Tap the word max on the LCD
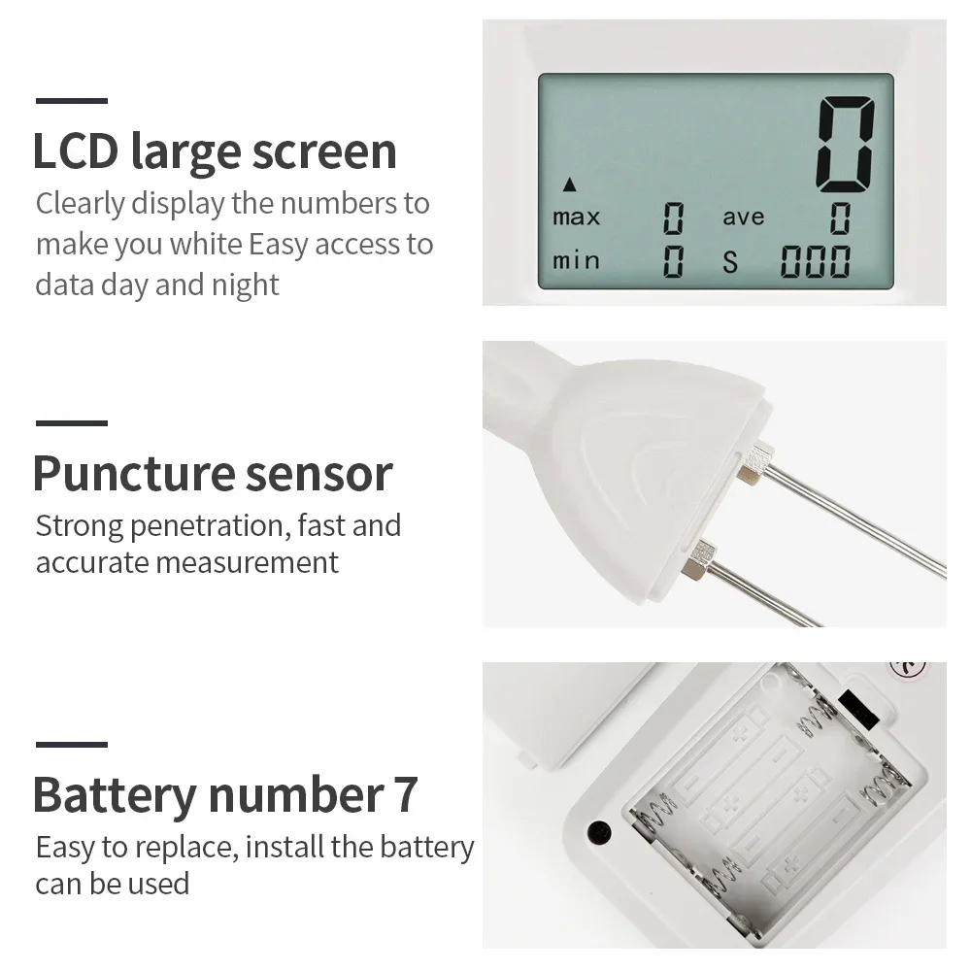point(576,217)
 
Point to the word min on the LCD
point(576,260)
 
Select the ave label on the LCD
point(743,218)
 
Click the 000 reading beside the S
point(815,261)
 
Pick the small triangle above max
point(569,183)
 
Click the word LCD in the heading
point(75,152)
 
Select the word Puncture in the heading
point(118,474)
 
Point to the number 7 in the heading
point(406,795)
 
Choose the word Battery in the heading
point(114,795)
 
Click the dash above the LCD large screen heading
point(72,100)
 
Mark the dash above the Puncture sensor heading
point(72,423)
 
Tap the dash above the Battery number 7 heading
point(72,745)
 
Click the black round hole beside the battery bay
point(599,833)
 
